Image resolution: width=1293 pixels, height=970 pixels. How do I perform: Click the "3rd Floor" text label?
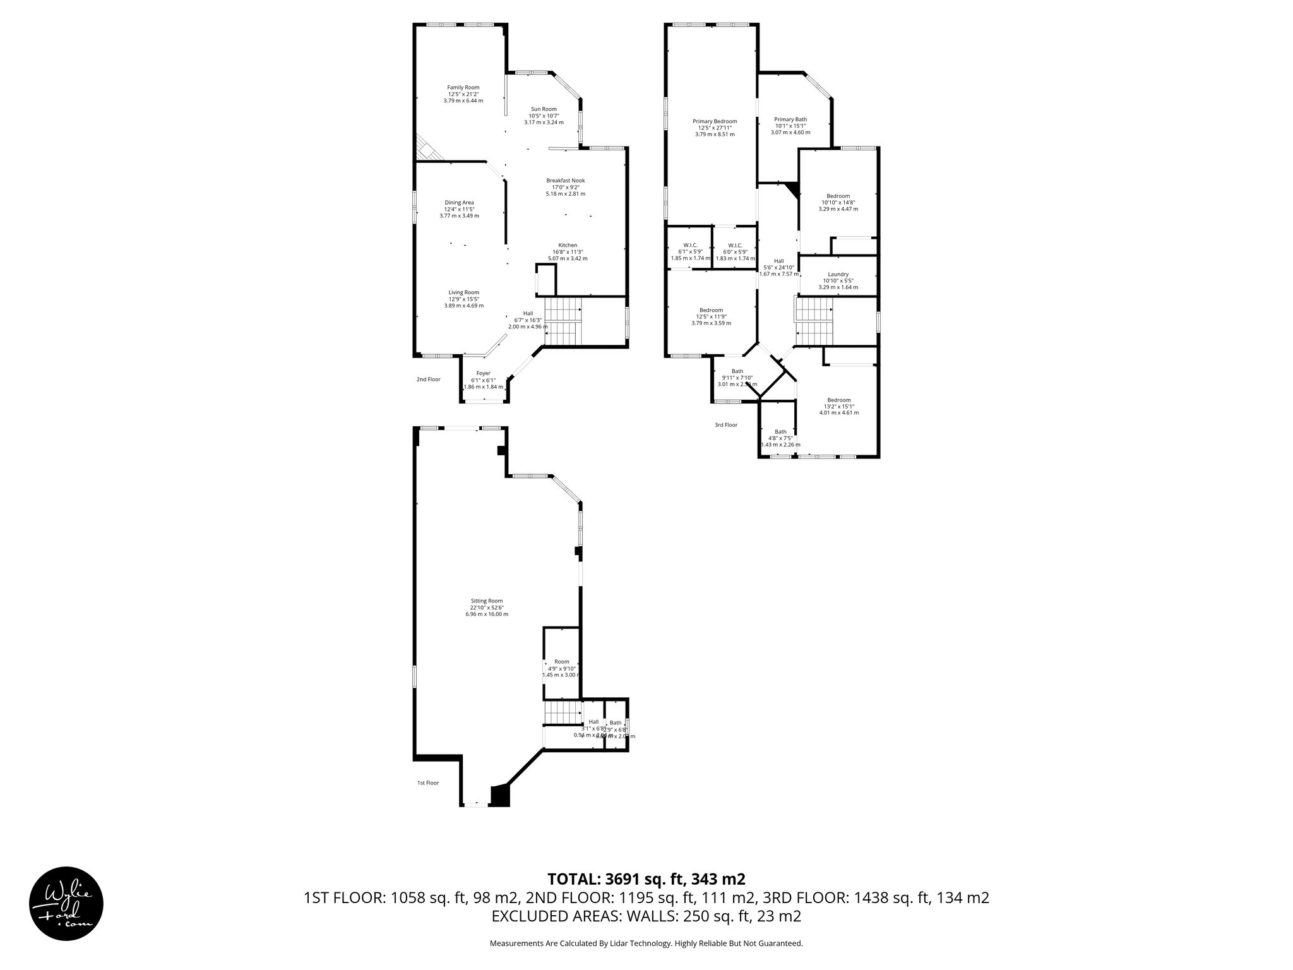click(x=725, y=425)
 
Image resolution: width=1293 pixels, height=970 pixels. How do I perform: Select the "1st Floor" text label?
click(x=427, y=783)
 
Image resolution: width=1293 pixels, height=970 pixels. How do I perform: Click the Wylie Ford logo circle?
click(x=66, y=904)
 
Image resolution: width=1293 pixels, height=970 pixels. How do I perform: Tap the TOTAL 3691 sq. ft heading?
click(x=646, y=879)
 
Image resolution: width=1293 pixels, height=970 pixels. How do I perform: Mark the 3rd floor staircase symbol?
click(x=813, y=323)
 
